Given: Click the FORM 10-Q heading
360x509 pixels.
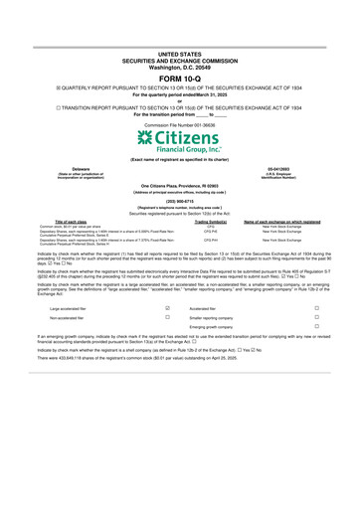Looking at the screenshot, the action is (x=179, y=78).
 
